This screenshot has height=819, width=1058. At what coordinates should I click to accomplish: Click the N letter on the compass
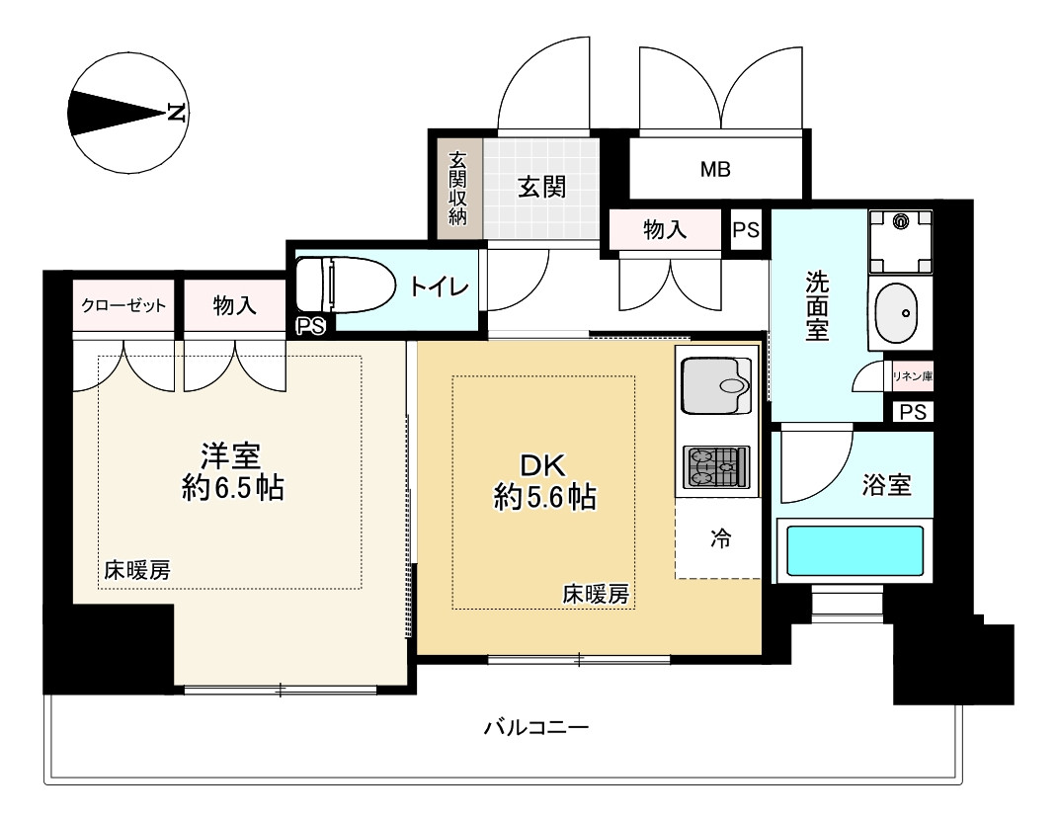pyautogui.click(x=177, y=111)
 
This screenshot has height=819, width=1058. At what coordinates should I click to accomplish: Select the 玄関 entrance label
pyautogui.click(x=541, y=187)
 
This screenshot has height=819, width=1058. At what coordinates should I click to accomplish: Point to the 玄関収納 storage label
pyautogui.click(x=457, y=188)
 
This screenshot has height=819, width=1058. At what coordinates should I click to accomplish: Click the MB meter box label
pyautogui.click(x=715, y=169)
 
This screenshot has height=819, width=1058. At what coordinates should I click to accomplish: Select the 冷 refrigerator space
pyautogui.click(x=721, y=539)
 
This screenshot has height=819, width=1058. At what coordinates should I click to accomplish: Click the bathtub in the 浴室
pyautogui.click(x=854, y=556)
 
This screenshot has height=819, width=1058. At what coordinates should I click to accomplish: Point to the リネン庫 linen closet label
pyautogui.click(x=912, y=375)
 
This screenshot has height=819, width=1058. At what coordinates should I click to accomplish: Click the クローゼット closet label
pyautogui.click(x=123, y=306)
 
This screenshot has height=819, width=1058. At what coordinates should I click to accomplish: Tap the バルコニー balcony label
pyautogui.click(x=536, y=729)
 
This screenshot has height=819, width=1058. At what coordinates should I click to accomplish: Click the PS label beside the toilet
pyautogui.click(x=310, y=327)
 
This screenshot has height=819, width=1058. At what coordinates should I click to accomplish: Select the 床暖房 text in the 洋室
pyautogui.click(x=137, y=569)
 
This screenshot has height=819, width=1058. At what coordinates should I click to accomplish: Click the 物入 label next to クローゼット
pyautogui.click(x=234, y=306)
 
